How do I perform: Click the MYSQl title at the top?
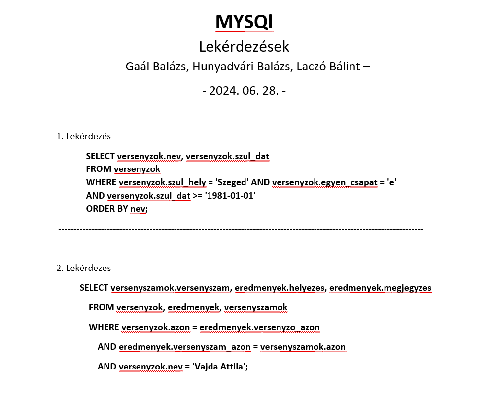pyautogui.click(x=244, y=22)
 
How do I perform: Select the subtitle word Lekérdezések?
pyautogui.click(x=244, y=47)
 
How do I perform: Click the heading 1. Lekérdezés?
pyautogui.click(x=83, y=136)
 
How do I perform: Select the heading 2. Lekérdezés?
pyautogui.click(x=83, y=268)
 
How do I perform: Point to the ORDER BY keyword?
pyautogui.click(x=106, y=209)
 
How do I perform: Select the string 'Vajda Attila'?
pyautogui.click(x=220, y=367)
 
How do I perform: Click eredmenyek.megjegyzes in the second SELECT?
pyautogui.click(x=380, y=288)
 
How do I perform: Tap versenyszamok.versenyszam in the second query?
pyautogui.click(x=170, y=288)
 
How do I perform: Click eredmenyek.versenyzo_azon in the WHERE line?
pyautogui.click(x=259, y=327)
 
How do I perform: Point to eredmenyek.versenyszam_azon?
pyautogui.click(x=184, y=347)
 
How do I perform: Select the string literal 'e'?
pyautogui.click(x=392, y=182)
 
